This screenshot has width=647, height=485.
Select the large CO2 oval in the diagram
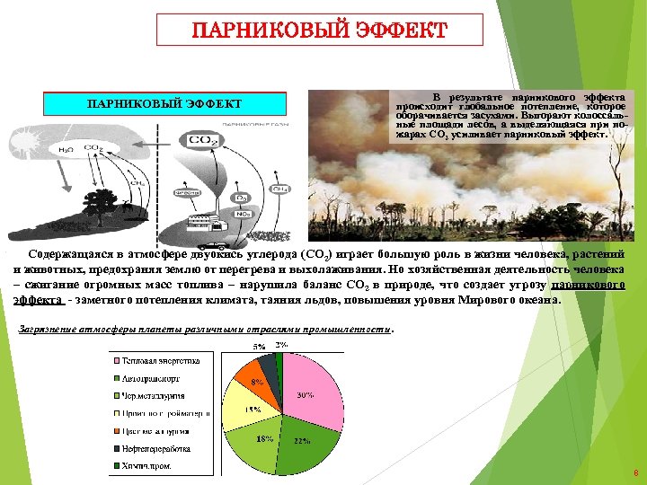pos(199,141)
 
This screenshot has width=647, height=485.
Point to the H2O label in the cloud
pos(66,149)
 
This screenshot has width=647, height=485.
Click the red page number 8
pos(635,472)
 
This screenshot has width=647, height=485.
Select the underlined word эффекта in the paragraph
pos(39,299)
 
